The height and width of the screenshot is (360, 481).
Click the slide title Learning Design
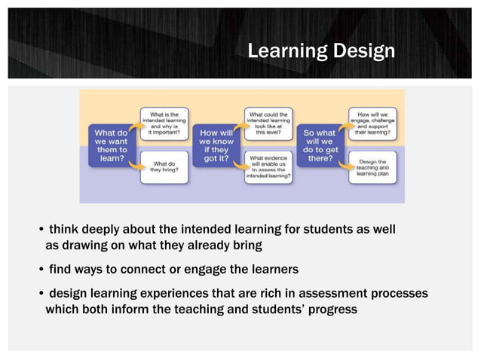click(321, 51)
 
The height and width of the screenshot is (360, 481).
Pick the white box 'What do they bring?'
click(164, 166)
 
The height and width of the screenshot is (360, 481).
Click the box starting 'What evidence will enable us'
click(268, 166)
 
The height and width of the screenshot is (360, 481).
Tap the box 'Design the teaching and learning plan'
click(373, 166)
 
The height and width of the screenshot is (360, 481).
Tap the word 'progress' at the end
click(329, 310)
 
